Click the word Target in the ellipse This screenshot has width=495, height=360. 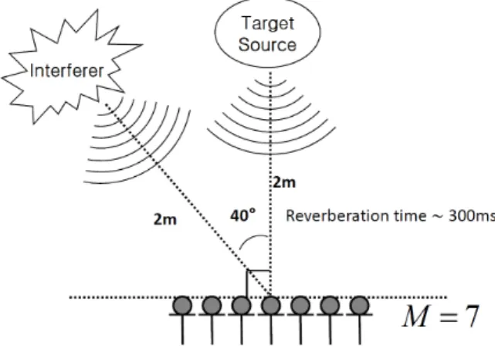click(268, 23)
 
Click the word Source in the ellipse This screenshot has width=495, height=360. click(267, 45)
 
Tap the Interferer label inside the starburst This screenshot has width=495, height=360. click(66, 70)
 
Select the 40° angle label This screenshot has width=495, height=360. click(242, 216)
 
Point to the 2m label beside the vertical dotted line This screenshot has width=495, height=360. click(284, 182)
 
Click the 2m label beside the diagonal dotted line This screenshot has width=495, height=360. click(164, 219)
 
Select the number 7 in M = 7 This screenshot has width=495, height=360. click(473, 316)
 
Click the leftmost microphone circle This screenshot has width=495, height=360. click(182, 305)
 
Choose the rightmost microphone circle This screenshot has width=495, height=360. click(359, 305)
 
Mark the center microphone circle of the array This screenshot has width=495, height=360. click(271, 305)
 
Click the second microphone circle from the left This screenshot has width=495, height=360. click(212, 305)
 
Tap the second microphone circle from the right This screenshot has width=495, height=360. click(330, 305)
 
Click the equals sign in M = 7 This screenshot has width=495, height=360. click(448, 317)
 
